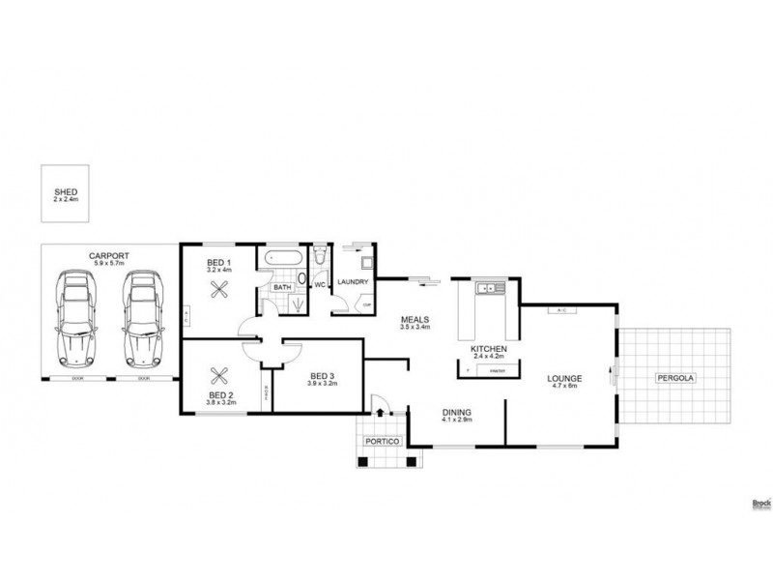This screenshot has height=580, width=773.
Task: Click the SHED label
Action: pyautogui.click(x=65, y=192)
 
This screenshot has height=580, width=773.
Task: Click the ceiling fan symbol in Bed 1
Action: pyautogui.click(x=221, y=287)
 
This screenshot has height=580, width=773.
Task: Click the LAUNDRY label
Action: pyautogui.click(x=355, y=281)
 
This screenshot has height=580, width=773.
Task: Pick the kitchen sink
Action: pyautogui.click(x=488, y=287)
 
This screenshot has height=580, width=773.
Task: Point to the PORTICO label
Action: pyautogui.click(x=380, y=441)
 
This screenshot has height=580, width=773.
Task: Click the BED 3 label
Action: pyautogui.click(x=322, y=376)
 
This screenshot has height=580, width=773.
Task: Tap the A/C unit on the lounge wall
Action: pyautogui.click(x=561, y=310)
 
